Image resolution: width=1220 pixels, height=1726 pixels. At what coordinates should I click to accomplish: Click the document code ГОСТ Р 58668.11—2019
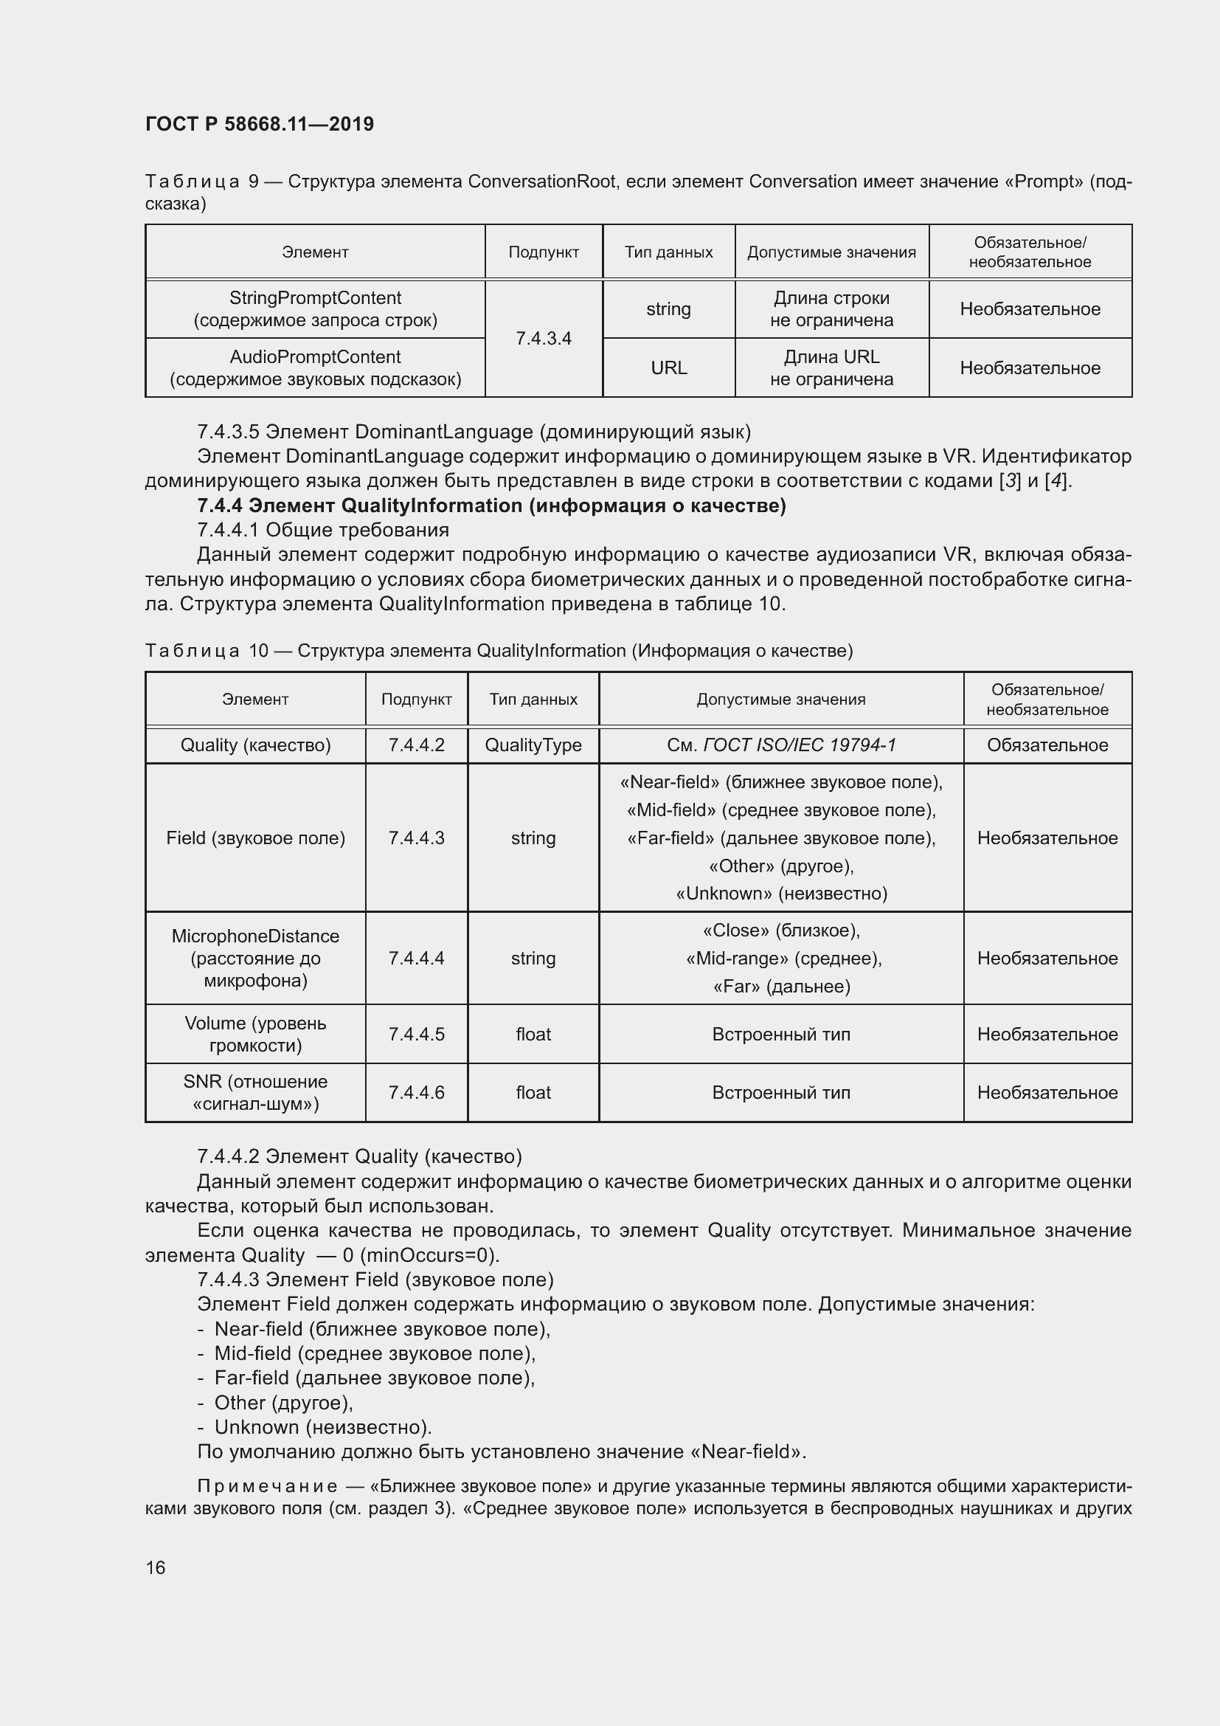click(x=259, y=124)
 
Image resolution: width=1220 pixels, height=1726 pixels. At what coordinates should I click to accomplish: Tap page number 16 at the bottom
click(x=156, y=1567)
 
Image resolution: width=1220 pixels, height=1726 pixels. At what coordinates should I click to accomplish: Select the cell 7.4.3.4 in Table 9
click(x=543, y=338)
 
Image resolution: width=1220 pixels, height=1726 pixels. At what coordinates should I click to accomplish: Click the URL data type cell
click(x=668, y=367)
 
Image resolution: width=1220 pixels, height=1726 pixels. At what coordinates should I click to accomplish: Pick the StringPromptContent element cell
click(x=315, y=309)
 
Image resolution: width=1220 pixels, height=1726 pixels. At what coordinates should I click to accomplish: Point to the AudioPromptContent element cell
click(x=315, y=367)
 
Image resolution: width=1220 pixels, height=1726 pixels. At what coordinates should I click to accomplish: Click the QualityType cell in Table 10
click(x=533, y=745)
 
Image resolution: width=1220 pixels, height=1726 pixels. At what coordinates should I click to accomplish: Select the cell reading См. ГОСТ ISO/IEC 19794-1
click(x=780, y=745)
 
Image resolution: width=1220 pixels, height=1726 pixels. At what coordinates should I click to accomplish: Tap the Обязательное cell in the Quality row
click(x=1047, y=745)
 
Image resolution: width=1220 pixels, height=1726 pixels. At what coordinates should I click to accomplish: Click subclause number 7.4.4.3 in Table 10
click(x=416, y=838)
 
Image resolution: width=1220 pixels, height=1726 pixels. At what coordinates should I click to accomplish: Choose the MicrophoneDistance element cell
click(x=255, y=958)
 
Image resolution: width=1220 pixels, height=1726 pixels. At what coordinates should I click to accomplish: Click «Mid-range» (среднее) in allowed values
click(x=783, y=959)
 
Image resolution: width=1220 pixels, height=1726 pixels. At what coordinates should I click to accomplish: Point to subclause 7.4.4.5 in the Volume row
click(x=416, y=1034)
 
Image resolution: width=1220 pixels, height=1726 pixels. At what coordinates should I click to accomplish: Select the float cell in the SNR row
click(x=533, y=1092)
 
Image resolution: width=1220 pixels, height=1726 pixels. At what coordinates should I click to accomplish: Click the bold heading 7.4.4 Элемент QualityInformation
click(x=491, y=505)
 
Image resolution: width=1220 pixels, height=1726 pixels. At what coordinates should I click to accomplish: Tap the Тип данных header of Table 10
click(x=533, y=699)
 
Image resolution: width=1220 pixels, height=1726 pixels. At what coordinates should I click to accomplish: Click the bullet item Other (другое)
click(x=283, y=1403)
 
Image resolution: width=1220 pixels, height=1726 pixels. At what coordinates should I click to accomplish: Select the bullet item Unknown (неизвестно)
click(x=322, y=1427)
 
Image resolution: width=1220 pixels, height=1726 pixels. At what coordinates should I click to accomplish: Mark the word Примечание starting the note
click(x=267, y=1486)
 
